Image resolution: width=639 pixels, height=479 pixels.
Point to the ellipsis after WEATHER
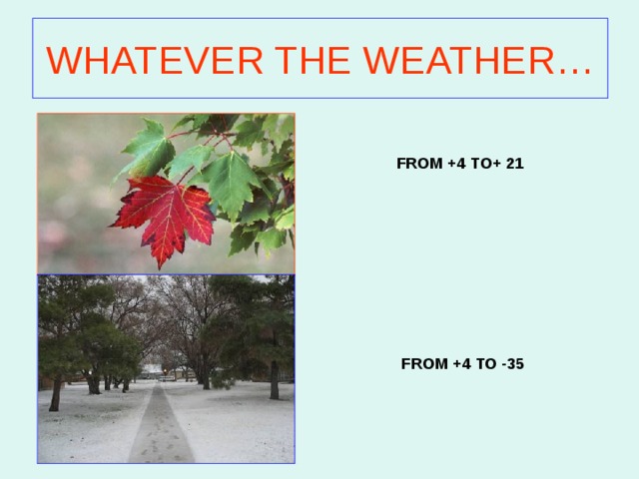(x=575, y=72)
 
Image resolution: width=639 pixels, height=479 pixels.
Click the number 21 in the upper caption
(x=515, y=164)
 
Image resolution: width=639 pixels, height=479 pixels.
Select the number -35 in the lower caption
(x=513, y=363)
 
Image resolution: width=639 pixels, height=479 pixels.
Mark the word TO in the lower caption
(x=486, y=363)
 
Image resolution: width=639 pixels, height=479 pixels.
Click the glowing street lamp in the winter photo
(x=165, y=371)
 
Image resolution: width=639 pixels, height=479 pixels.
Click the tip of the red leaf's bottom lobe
(x=160, y=269)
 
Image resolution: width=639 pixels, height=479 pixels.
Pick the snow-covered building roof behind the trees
(x=152, y=368)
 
